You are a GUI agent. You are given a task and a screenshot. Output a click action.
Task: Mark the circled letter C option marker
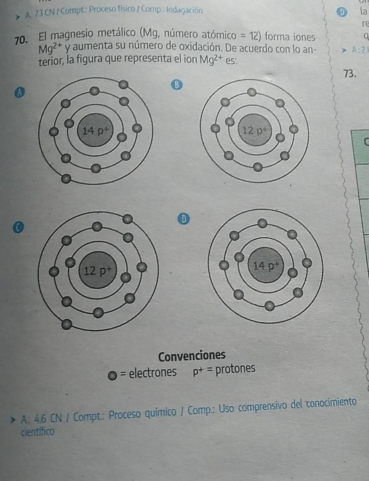pyautogui.click(x=19, y=227)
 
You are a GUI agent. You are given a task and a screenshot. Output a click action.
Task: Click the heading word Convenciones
pyautogui.click(x=192, y=355)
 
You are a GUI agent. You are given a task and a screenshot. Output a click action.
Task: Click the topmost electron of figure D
pyautogui.click(x=262, y=223)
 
